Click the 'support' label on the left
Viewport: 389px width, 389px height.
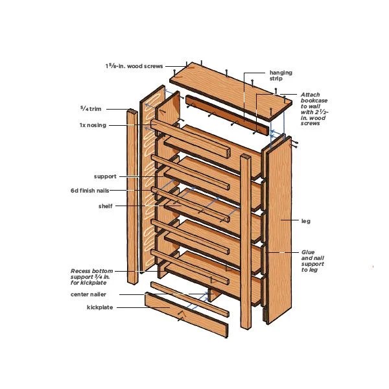click(105, 176)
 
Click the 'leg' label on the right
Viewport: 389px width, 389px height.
click(306, 221)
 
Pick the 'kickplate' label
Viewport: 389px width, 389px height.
click(100, 307)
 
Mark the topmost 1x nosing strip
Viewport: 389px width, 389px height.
click(191, 139)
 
